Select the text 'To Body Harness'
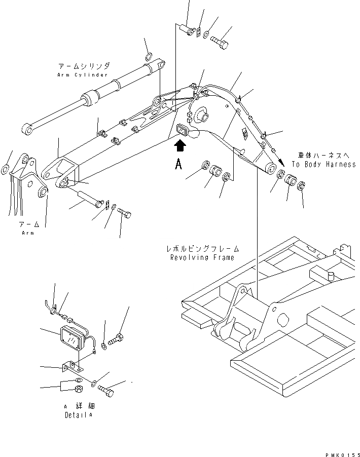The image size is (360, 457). (x=323, y=164)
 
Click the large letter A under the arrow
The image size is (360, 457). (x=178, y=165)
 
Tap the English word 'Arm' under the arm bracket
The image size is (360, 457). (x=28, y=233)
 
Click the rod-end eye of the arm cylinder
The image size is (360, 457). (x=29, y=130)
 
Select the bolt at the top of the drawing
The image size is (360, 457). (x=218, y=40)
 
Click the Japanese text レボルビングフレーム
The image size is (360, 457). (x=202, y=249)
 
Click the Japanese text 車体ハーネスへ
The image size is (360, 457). (x=324, y=156)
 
